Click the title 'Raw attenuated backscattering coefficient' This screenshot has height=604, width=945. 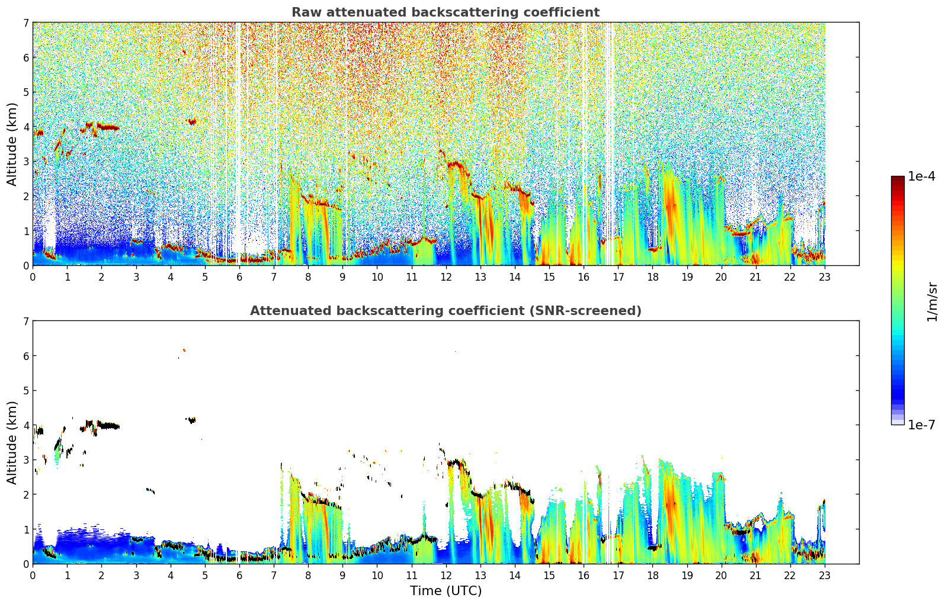tap(445, 12)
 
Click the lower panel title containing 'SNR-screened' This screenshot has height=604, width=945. tap(445, 311)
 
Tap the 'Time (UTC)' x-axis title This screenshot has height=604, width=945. tap(446, 591)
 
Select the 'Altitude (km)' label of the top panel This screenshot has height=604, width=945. tap(12, 144)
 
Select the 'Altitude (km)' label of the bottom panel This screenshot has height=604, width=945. tap(12, 442)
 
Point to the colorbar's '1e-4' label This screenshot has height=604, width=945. tap(921, 176)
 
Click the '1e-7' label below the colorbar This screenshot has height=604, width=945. tap(921, 425)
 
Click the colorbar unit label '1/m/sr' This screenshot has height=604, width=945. tap(932, 301)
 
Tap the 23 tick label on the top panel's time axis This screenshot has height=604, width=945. tap(825, 277)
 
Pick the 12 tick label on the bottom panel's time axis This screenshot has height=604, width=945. tap(446, 576)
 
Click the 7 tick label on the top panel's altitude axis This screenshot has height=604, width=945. tap(25, 23)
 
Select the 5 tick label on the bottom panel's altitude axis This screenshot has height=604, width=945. tap(25, 391)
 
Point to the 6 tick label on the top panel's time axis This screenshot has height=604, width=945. tap(239, 277)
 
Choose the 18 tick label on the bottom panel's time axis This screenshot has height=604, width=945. tap(652, 576)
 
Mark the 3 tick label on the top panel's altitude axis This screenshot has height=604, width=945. tap(25, 162)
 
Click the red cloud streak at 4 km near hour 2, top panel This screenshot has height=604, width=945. tap(108, 127)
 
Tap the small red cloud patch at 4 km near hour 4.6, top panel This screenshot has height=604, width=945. tap(192, 122)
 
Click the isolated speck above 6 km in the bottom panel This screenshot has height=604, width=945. tap(184, 351)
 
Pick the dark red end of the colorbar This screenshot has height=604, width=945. tap(897, 179)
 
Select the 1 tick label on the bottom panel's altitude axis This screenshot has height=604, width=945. tap(25, 529)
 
